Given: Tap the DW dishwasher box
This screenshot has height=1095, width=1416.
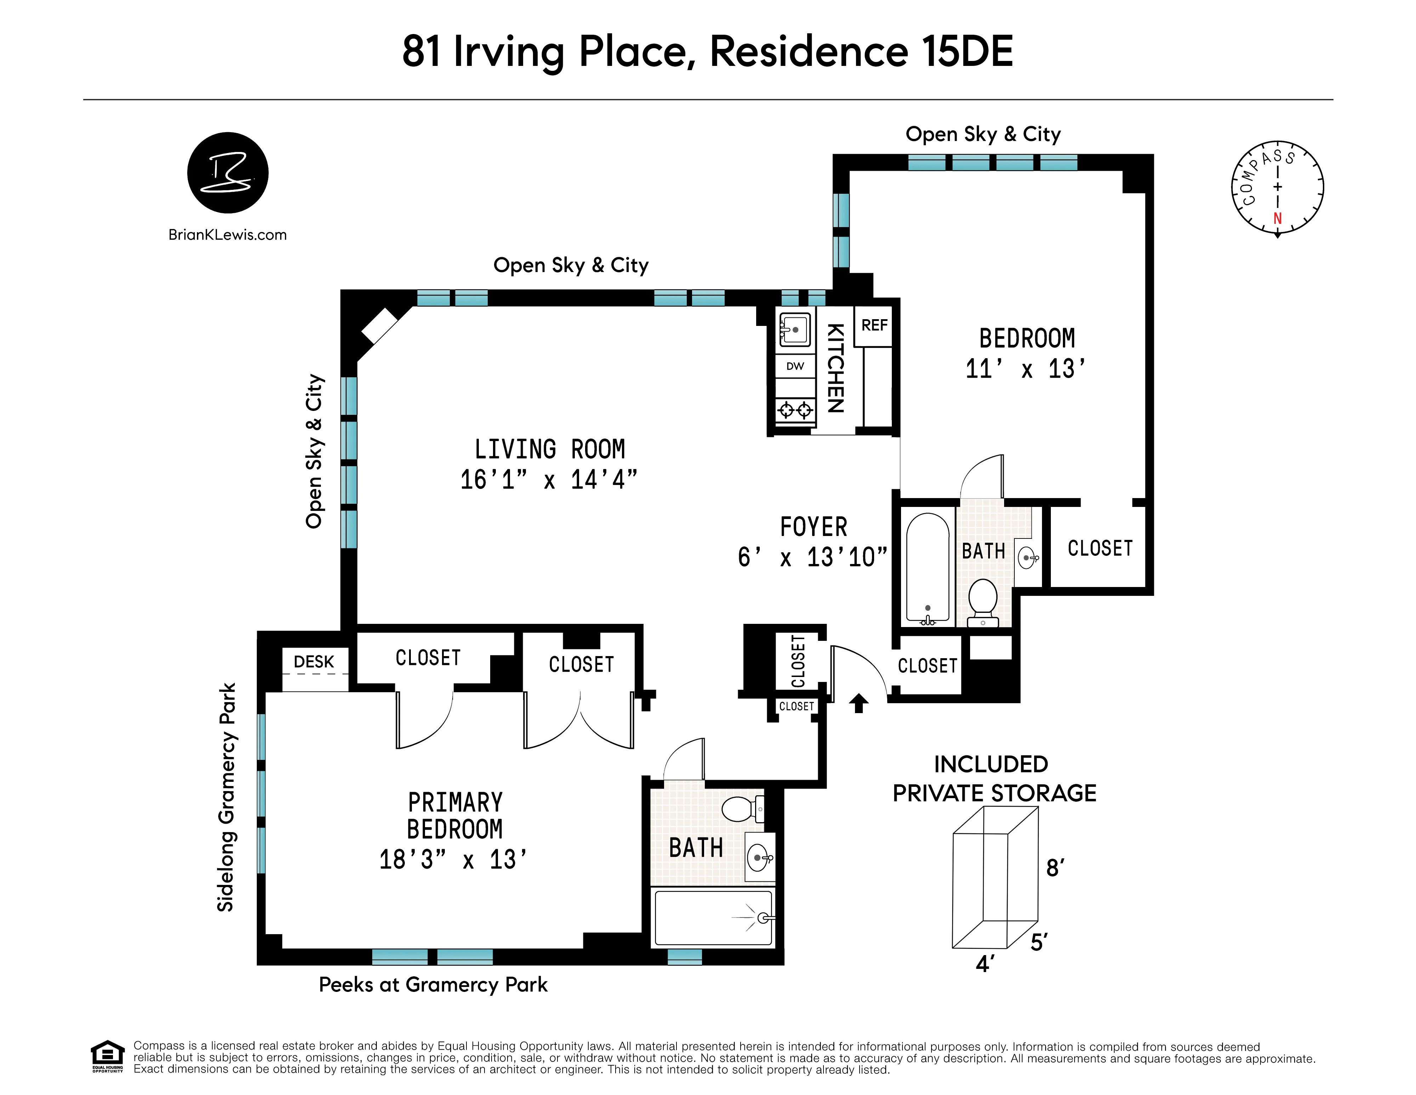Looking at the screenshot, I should pyautogui.click(x=795, y=366).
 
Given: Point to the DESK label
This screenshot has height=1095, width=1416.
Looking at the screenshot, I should pyautogui.click(x=314, y=662).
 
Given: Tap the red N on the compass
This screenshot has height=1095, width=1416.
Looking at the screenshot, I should pyautogui.click(x=1277, y=219).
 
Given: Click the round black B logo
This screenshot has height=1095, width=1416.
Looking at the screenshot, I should pyautogui.click(x=228, y=173).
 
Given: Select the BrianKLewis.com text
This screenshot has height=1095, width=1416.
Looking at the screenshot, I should pyautogui.click(x=228, y=235).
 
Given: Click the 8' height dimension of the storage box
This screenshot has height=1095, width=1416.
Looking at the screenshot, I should pyautogui.click(x=1055, y=868).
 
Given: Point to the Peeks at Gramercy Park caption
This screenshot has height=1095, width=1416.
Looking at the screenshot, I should pyautogui.click(x=433, y=985).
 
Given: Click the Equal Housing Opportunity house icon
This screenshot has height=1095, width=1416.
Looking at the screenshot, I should pyautogui.click(x=107, y=1056).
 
